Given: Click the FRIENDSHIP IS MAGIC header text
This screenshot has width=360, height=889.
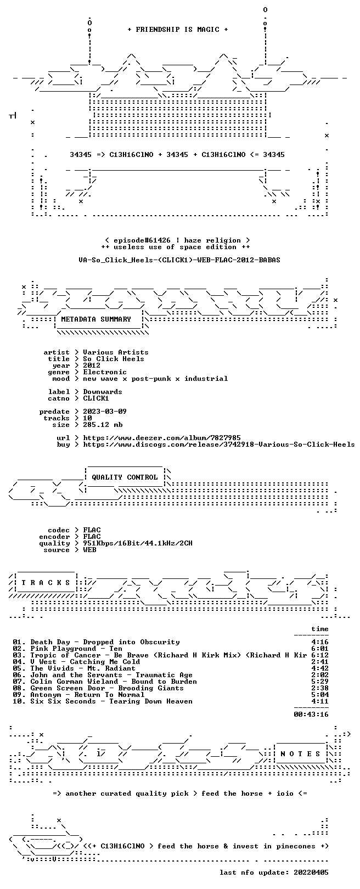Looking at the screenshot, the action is pos(177,30).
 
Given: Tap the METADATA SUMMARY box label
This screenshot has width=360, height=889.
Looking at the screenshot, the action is pos(95,319).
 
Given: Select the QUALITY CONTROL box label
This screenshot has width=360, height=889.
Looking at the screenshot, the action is pos(125,477).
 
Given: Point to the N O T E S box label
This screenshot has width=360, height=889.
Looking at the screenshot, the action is pos(300,753).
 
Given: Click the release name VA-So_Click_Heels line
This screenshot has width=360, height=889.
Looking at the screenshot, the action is pos(179,260).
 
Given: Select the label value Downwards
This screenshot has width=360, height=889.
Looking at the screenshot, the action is pos(103,392).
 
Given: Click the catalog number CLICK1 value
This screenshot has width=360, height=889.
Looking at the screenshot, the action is pos(95,398).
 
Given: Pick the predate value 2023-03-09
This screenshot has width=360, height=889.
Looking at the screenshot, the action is pos(105,412).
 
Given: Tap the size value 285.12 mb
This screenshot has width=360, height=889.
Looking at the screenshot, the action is pos(103,425).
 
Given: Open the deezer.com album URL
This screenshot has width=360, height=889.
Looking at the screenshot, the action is pos(161,438).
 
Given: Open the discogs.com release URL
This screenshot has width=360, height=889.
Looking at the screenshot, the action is pos(219,444).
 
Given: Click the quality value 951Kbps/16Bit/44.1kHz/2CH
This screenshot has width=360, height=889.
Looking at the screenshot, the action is pos(138,543).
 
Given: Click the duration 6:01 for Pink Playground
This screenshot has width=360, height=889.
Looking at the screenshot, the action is pos(320,649).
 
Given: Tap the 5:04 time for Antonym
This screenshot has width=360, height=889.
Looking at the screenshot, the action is pos(320,695).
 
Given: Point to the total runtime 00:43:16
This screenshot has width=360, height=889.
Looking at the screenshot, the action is pos(311,714).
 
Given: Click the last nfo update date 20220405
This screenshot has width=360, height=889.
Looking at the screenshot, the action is pos(311,873).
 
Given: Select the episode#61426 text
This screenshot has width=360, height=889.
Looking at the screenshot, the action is pos(142,240).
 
